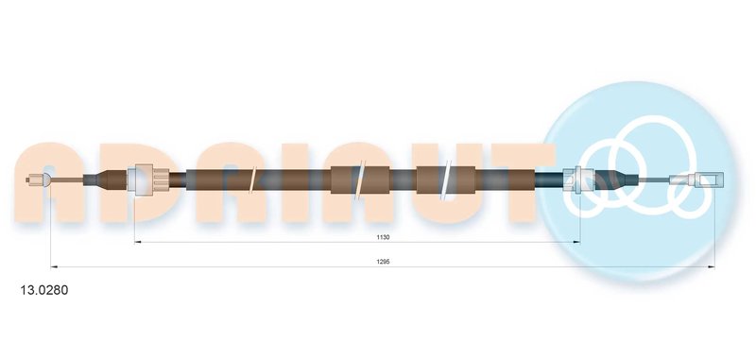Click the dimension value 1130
tap(384, 237)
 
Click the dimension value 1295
tap(384, 262)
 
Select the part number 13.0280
tap(43, 290)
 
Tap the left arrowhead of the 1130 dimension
tap(137, 242)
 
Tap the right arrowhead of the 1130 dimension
tap(577, 242)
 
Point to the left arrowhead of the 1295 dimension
tap(54, 266)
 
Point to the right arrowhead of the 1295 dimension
tap(712, 266)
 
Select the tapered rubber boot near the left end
tap(105, 180)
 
